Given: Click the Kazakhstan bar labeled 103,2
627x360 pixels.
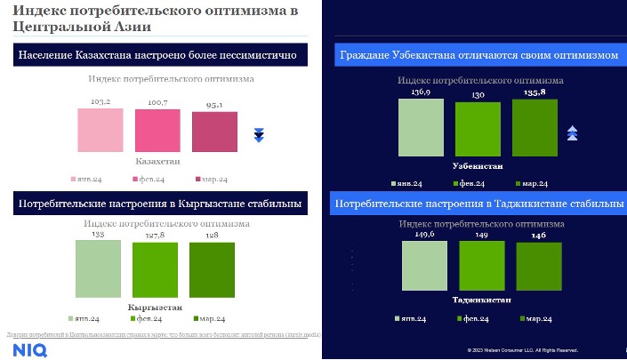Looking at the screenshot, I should pos(100,131).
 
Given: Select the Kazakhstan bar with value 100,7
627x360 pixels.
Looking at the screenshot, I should pos(158,132).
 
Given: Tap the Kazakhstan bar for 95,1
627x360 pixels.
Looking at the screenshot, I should pos(215,134).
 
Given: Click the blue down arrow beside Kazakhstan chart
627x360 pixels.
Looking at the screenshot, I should pos(260,135).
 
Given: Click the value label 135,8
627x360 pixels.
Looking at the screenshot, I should pos(535,92).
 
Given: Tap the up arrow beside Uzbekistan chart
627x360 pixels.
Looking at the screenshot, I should pos(573,133).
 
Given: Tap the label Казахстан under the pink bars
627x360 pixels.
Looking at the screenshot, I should pos(157,163).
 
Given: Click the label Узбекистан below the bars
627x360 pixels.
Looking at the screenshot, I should pos(478,166).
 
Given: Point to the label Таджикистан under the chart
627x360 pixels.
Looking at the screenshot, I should pos(481,300).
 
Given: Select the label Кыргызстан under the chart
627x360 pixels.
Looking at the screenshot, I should pos(156,307).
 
